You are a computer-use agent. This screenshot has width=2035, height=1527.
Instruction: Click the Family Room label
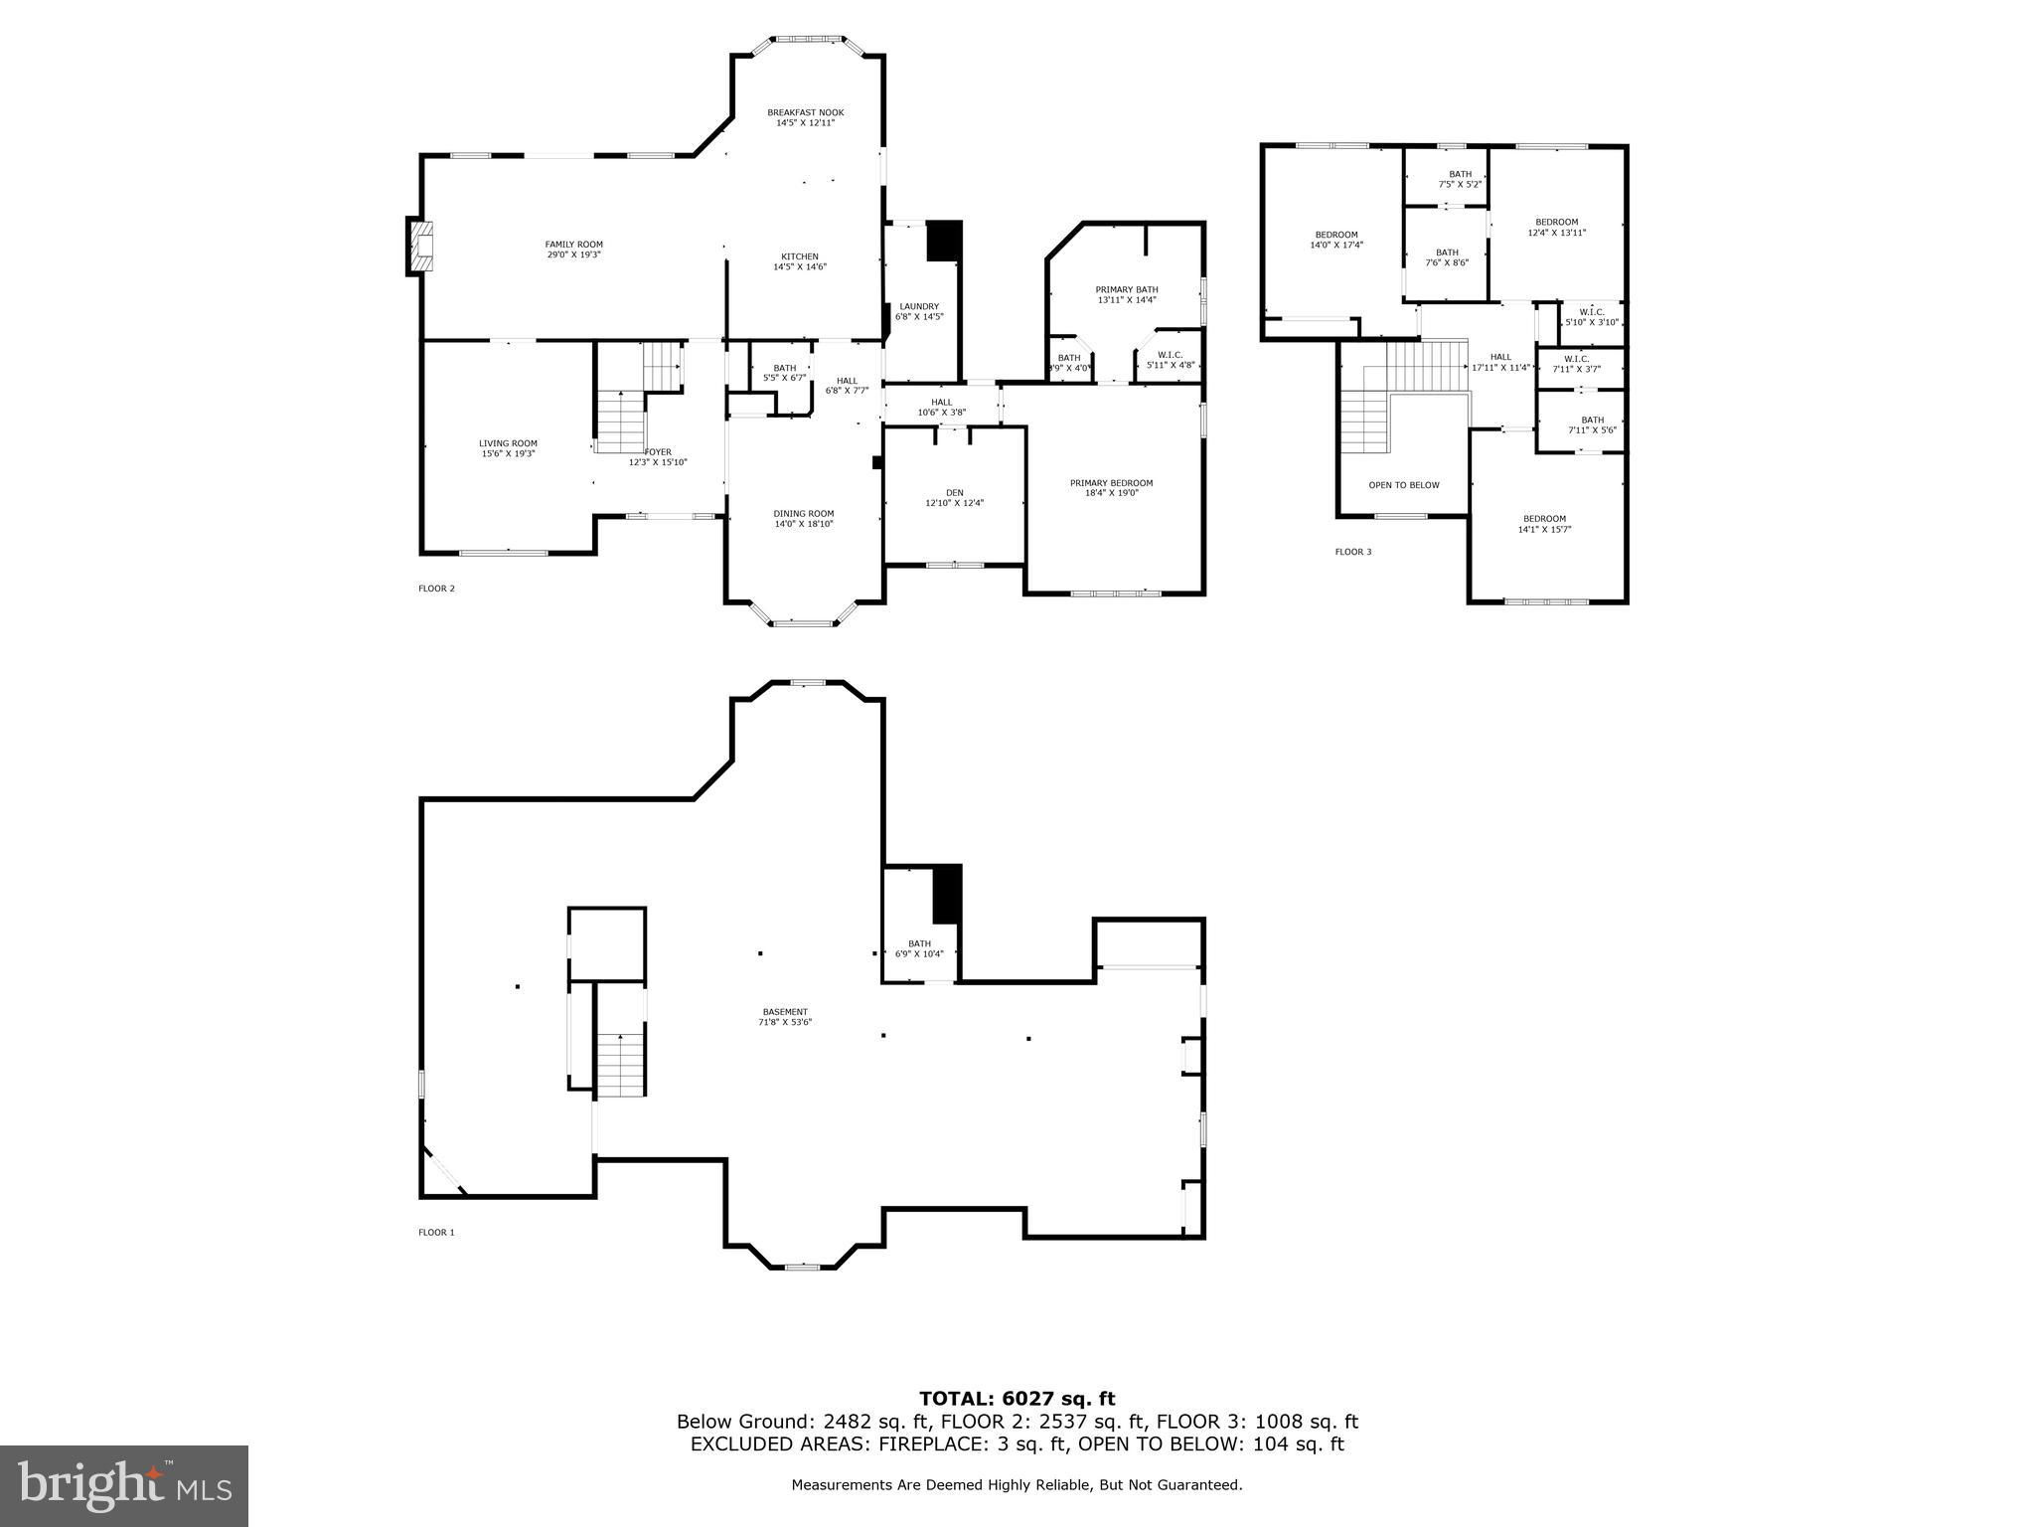coord(573,245)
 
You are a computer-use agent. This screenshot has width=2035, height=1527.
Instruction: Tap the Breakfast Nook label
coord(805,112)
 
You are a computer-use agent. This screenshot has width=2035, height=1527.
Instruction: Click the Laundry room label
coord(919,306)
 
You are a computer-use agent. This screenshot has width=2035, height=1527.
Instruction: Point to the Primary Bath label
coord(1127,289)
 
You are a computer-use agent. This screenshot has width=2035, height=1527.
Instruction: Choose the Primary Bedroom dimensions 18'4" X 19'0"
coord(1111,492)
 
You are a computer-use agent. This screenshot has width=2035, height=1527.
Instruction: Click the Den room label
coord(954,492)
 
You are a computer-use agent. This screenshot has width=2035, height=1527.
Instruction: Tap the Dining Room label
coord(804,513)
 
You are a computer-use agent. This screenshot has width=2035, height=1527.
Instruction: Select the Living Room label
coord(508,443)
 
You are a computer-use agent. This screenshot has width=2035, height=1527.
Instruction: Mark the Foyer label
coord(657,452)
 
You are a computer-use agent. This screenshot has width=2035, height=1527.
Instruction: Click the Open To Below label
coord(1404,485)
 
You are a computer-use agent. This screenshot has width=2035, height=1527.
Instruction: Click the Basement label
coord(786,1012)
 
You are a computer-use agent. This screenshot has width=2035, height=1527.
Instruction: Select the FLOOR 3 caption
coord(1352,552)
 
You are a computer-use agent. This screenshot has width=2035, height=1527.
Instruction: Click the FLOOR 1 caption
coord(436,1233)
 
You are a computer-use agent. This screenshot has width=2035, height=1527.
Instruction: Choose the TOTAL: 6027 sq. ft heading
coord(1017,1400)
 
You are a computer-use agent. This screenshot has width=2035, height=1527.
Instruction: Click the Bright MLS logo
coord(124,1486)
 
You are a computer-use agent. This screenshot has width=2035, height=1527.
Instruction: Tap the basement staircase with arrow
coord(621,1064)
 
